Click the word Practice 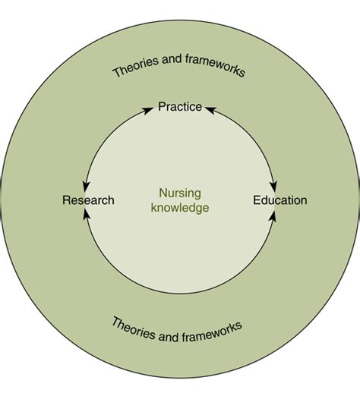(x=180, y=106)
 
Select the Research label (x=88, y=200)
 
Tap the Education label (x=280, y=200)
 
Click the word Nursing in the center (x=180, y=193)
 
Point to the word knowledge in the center (x=180, y=208)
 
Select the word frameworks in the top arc (x=215, y=64)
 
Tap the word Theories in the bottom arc (x=134, y=328)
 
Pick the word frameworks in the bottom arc (x=212, y=331)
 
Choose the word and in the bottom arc (x=169, y=337)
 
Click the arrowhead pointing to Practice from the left (x=148, y=110)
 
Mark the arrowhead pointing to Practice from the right (x=210, y=110)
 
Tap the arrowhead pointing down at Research (x=86, y=187)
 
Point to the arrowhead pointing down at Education (x=274, y=187)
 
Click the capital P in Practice (x=162, y=106)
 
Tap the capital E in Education (x=257, y=200)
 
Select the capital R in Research (x=66, y=200)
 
